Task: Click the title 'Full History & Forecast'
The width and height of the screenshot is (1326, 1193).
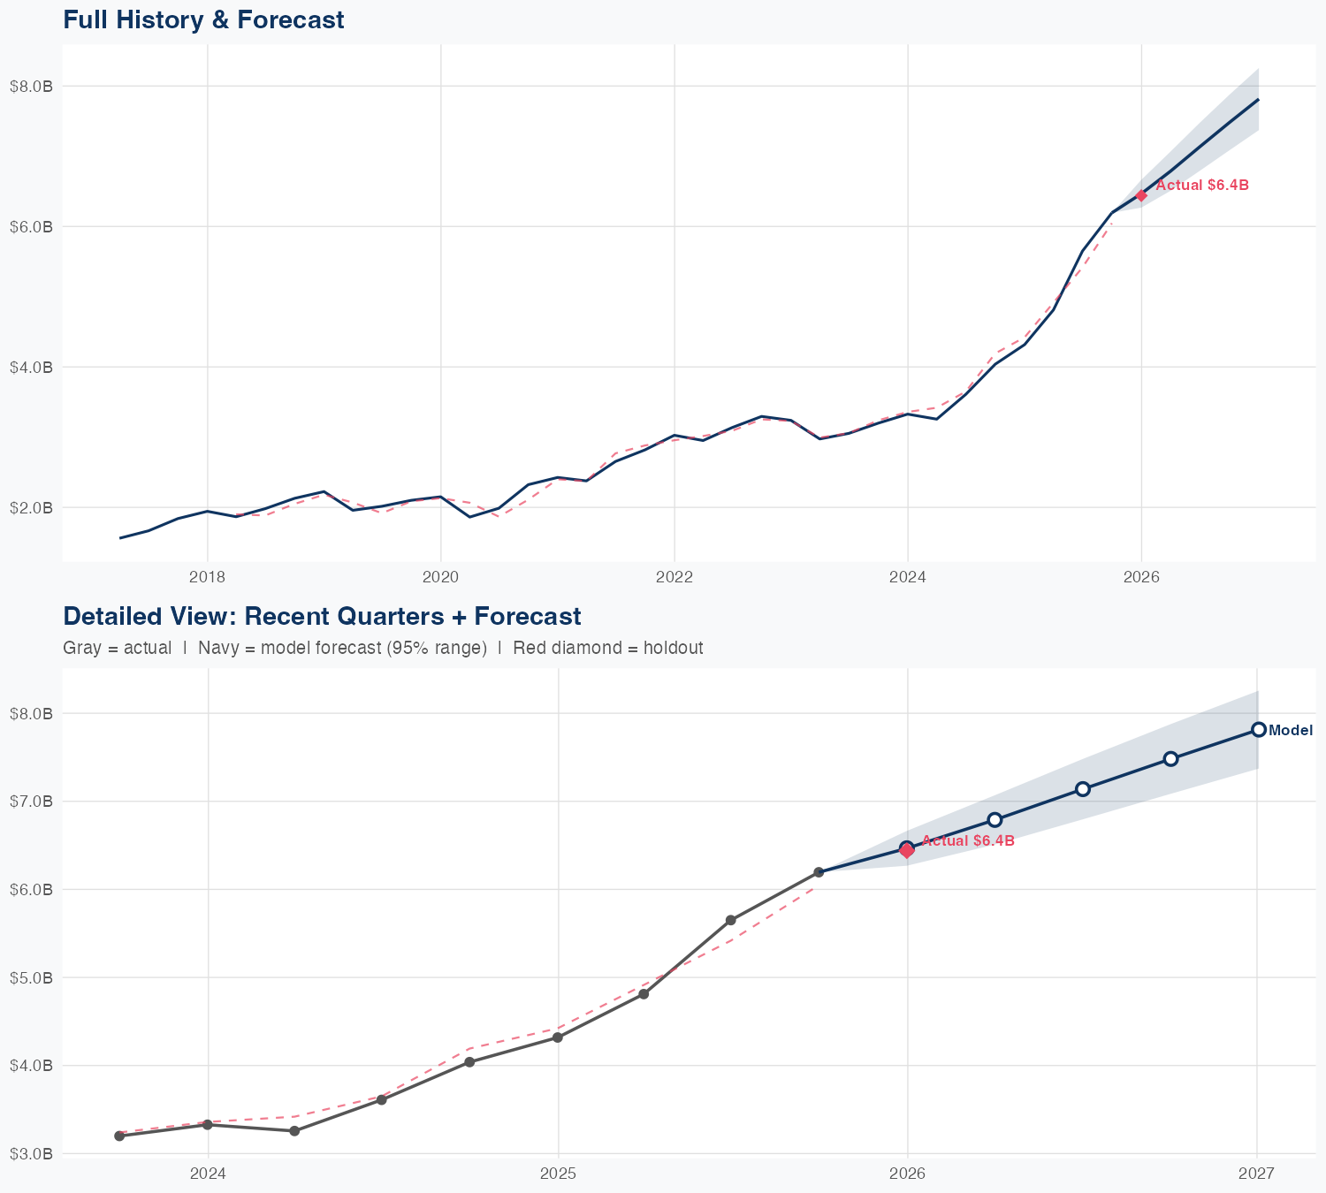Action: tap(203, 19)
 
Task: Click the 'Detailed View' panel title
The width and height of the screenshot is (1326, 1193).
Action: tap(322, 616)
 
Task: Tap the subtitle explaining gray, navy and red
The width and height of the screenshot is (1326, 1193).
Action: tap(383, 648)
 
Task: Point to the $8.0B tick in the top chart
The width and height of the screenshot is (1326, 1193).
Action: tap(31, 86)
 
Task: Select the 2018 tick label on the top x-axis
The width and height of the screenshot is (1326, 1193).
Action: tap(207, 577)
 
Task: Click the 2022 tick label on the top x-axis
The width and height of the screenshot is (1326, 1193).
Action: tap(674, 577)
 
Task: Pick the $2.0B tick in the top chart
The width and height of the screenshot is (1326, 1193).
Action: tap(31, 507)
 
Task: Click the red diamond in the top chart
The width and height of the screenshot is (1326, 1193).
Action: tap(1141, 195)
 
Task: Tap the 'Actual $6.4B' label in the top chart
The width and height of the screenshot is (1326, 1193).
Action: tap(1202, 186)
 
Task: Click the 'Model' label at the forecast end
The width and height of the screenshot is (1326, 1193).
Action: tap(1291, 731)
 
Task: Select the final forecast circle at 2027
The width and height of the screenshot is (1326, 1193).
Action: tap(1258, 729)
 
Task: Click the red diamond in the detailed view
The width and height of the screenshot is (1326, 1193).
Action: tap(907, 851)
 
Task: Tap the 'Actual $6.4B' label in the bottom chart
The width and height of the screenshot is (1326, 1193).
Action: tap(968, 841)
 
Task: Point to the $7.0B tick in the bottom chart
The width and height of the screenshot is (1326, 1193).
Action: tap(31, 802)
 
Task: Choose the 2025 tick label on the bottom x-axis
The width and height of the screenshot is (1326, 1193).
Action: tap(558, 1174)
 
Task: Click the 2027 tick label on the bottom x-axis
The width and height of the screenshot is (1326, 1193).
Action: tap(1256, 1174)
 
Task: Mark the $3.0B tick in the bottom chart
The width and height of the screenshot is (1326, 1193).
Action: tap(31, 1153)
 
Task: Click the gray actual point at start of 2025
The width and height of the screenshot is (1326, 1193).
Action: tap(558, 1037)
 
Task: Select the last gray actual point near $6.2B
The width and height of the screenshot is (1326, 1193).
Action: tap(819, 872)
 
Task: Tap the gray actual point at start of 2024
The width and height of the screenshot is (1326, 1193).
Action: tap(208, 1124)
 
